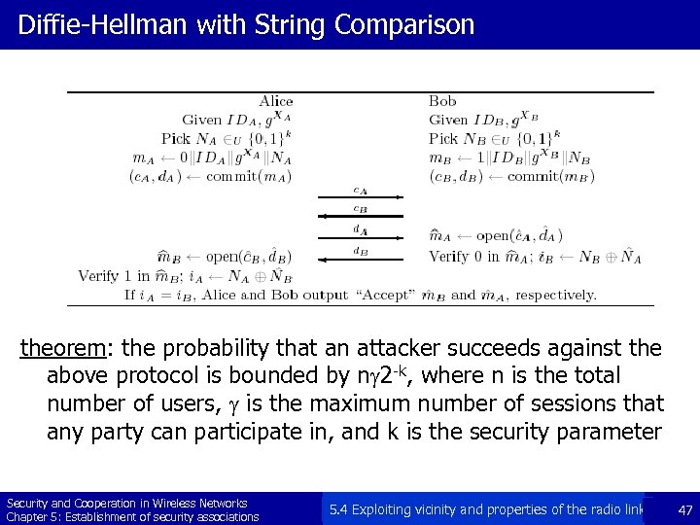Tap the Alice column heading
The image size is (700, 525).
click(x=276, y=101)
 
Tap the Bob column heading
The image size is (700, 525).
click(x=442, y=101)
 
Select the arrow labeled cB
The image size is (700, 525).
click(x=360, y=217)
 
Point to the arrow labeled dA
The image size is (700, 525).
click(x=360, y=238)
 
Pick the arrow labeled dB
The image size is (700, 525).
click(x=360, y=259)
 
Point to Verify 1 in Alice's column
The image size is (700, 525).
click(x=113, y=276)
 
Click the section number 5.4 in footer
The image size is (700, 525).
click(x=339, y=508)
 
